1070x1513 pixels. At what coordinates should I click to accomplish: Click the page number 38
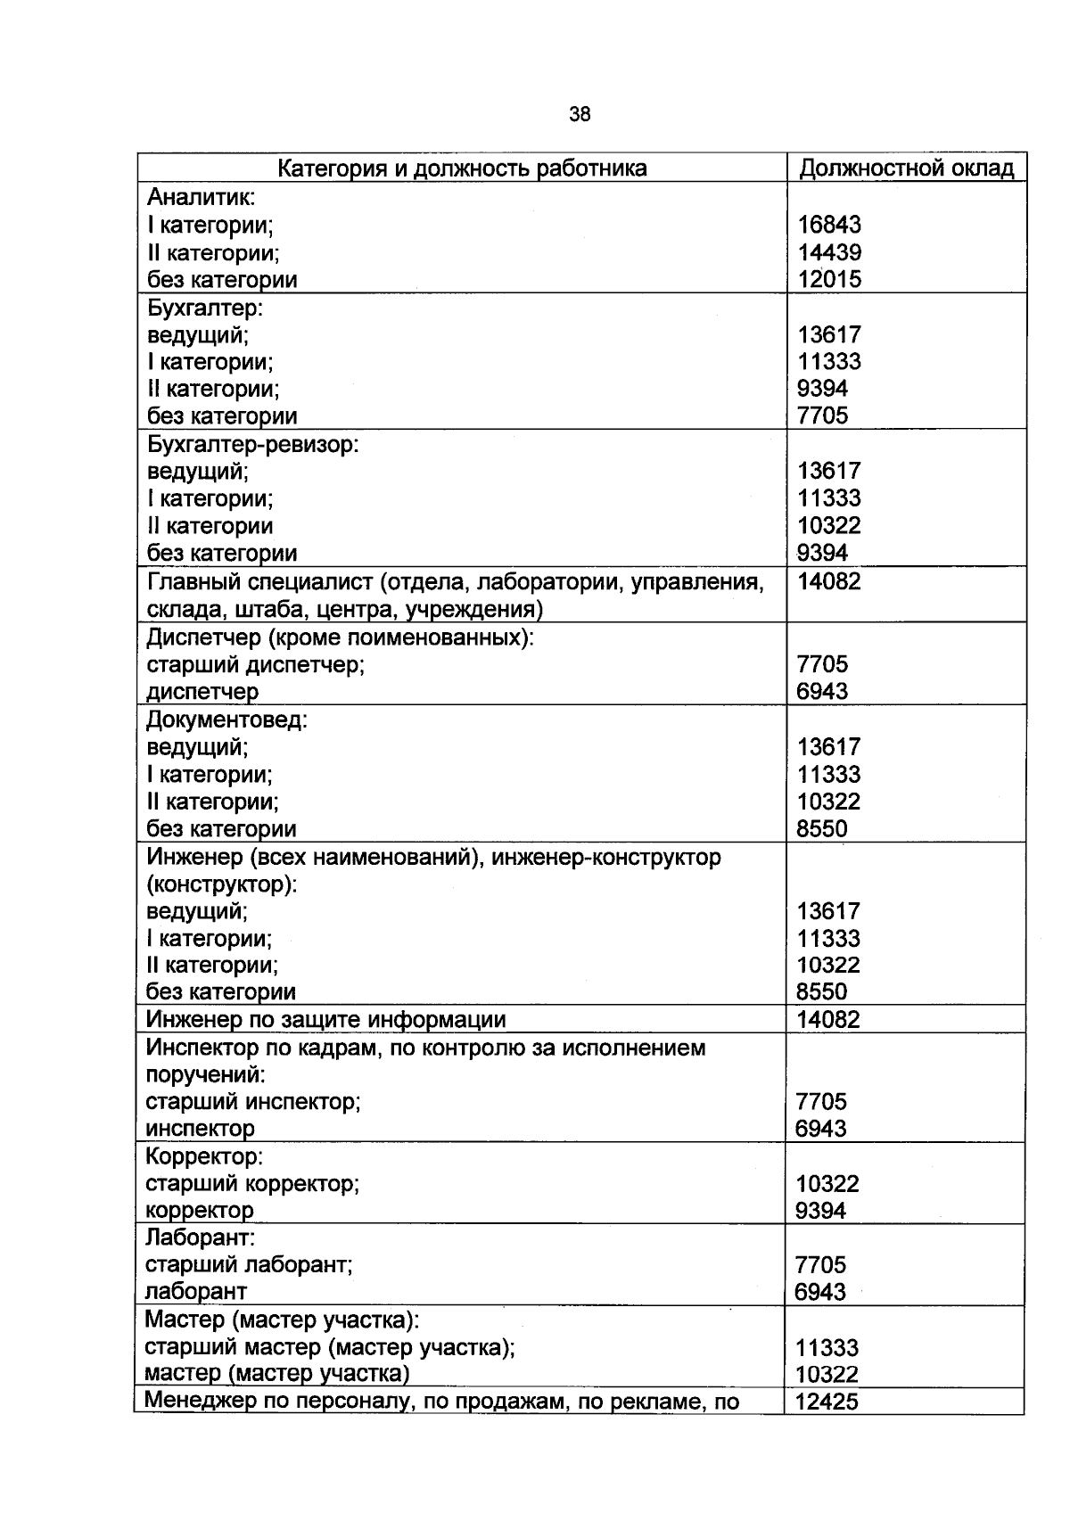[x=579, y=114]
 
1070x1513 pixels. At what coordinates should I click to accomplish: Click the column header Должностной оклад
[x=906, y=169]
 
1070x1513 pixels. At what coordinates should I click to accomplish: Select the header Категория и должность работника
[x=462, y=169]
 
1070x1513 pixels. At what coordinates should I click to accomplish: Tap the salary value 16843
[x=829, y=226]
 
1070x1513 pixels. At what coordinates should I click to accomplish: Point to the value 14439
[x=829, y=252]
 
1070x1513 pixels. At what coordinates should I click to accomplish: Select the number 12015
[x=829, y=280]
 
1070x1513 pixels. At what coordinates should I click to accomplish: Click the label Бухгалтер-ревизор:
[x=251, y=444]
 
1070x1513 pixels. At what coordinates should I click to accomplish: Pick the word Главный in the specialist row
[x=187, y=582]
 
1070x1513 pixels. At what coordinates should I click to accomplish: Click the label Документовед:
[x=226, y=719]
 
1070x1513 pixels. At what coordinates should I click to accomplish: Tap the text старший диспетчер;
[x=255, y=664]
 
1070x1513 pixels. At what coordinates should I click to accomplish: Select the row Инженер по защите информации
[x=325, y=1020]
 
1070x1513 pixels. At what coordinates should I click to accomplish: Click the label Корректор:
[x=204, y=1156]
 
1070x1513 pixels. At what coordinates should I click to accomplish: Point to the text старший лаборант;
[x=249, y=1264]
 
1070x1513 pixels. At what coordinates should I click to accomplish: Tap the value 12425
[x=826, y=1402]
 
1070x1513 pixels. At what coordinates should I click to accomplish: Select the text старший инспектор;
[x=252, y=1102]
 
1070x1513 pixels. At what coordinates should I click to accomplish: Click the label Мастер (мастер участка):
[x=281, y=1320]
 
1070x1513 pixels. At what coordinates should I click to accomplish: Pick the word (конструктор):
[x=221, y=884]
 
